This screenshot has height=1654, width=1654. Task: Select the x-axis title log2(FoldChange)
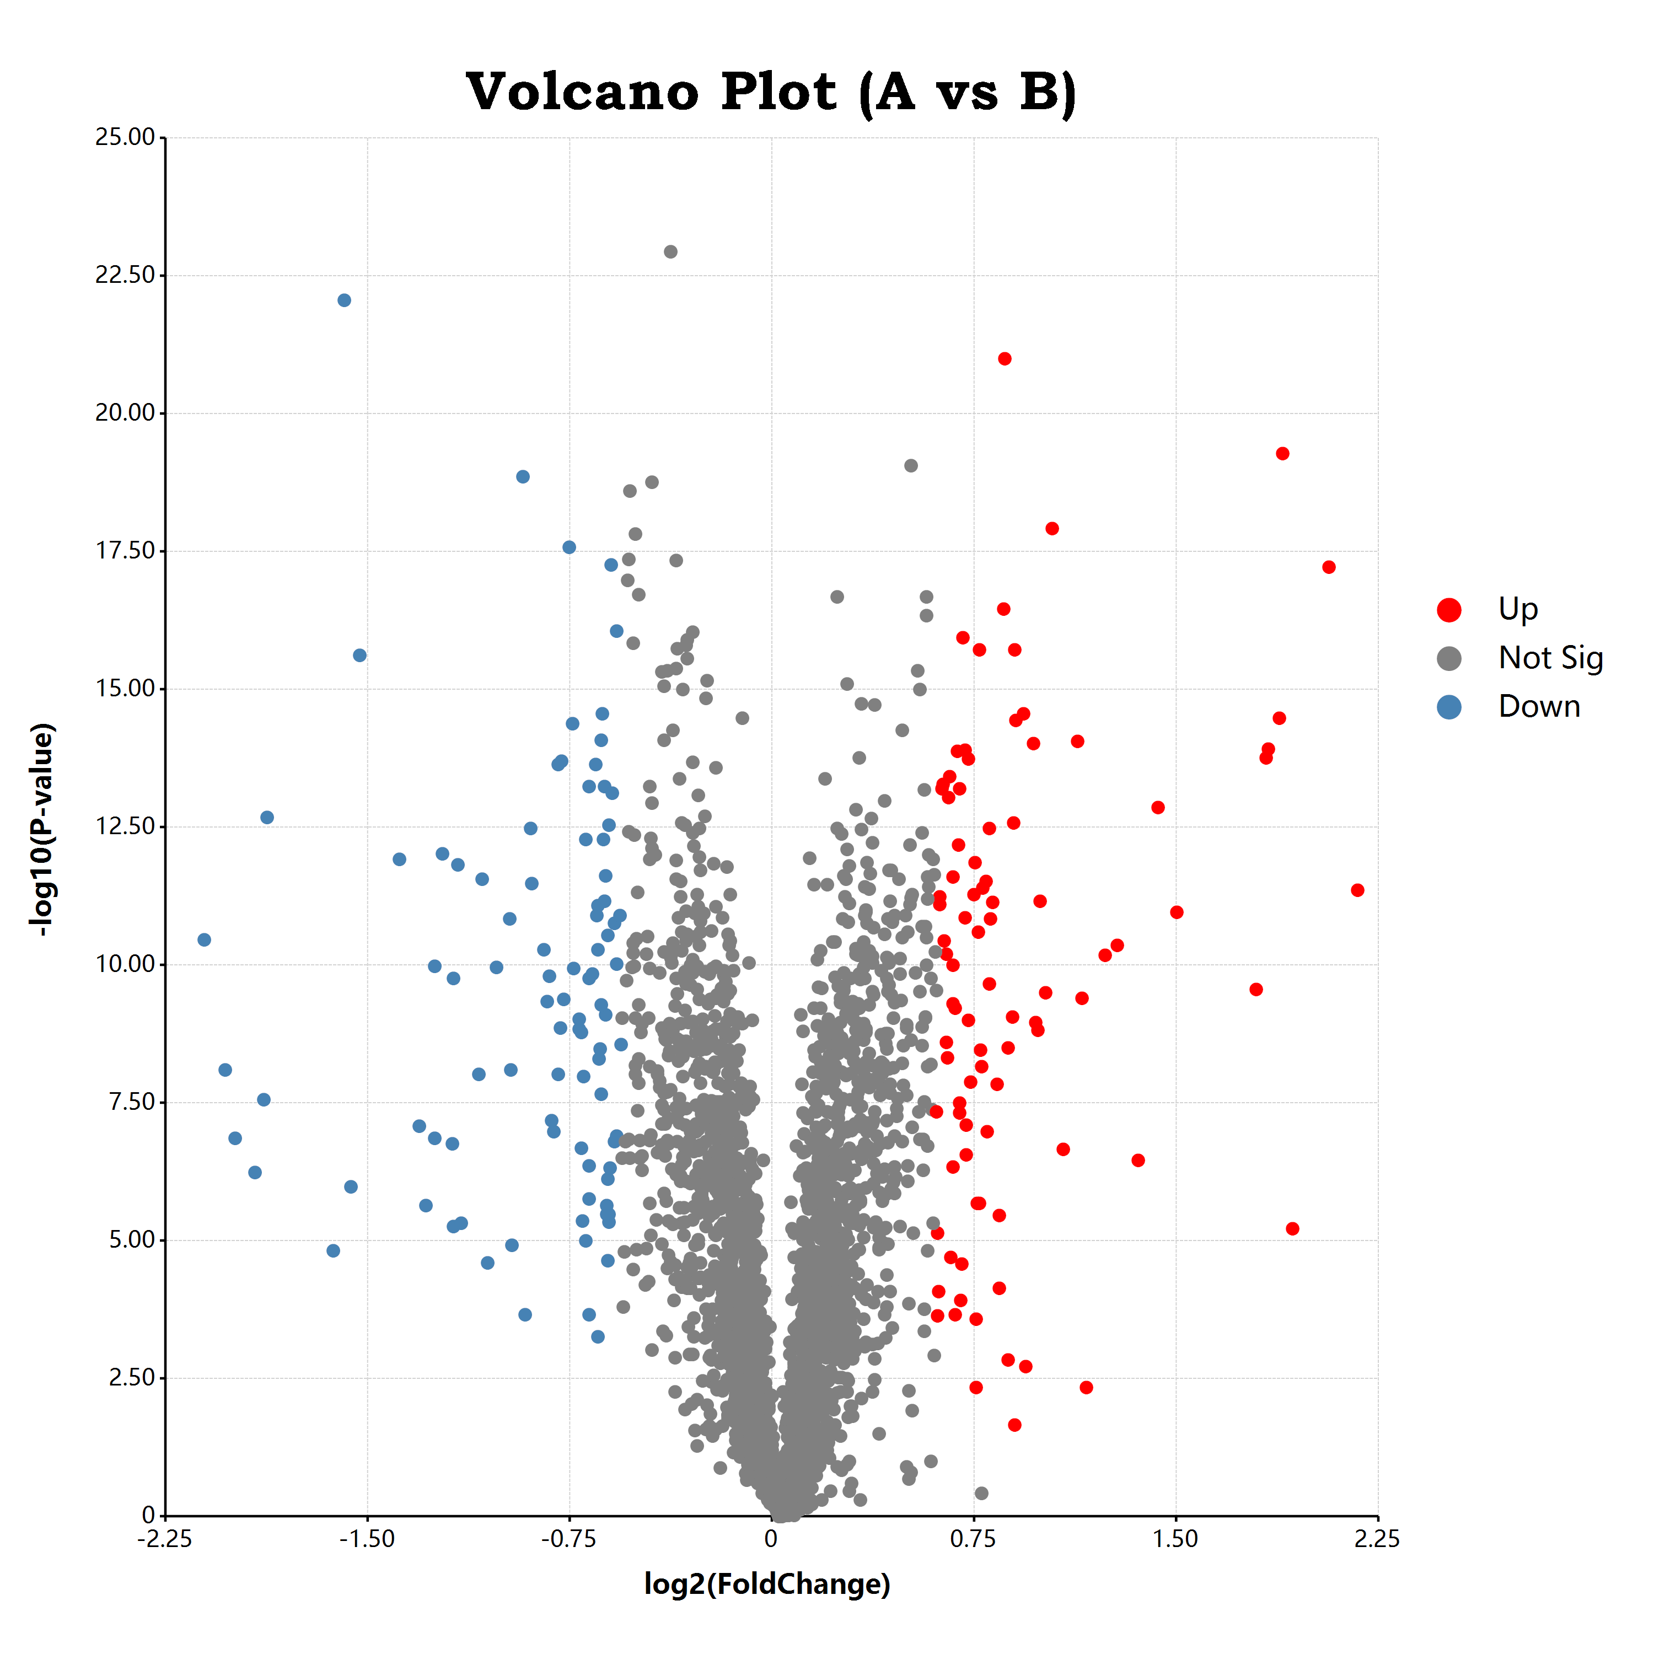point(767,1584)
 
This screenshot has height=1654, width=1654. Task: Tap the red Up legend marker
point(1448,610)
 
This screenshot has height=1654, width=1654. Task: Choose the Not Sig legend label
point(1550,658)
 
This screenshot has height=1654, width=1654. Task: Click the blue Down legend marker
point(1448,707)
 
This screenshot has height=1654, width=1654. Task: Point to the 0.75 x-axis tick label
point(974,1539)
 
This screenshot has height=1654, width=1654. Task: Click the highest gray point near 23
point(670,252)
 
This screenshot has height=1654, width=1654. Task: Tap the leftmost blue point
point(204,940)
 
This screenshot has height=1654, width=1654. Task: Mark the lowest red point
point(1014,1425)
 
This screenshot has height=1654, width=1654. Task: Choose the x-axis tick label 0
point(771,1539)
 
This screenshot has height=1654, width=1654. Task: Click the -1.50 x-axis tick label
point(367,1539)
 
